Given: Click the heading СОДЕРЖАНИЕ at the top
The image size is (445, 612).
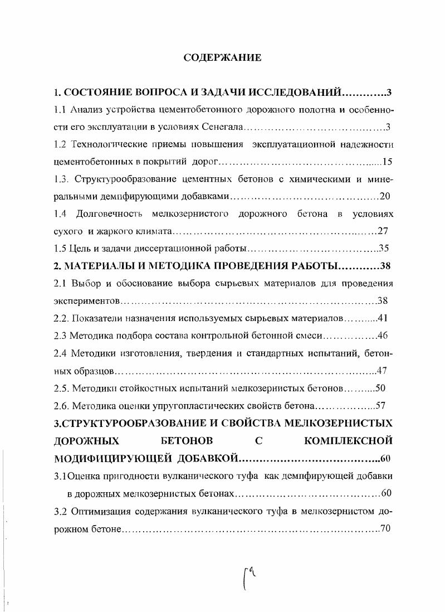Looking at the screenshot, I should pos(222,58).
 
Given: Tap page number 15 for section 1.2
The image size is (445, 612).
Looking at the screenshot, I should pos(388,162).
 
